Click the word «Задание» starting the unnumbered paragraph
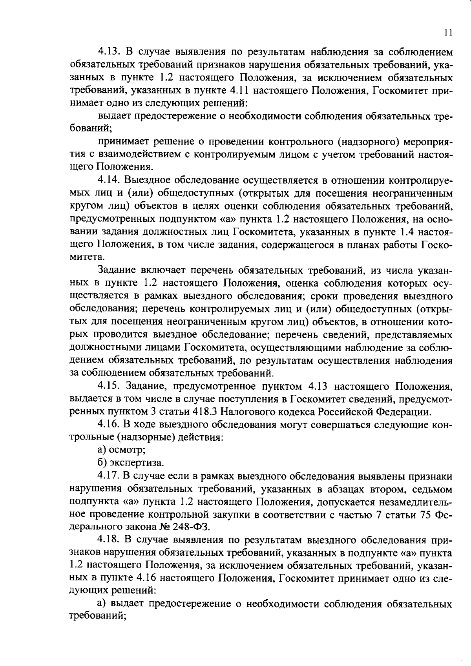pyautogui.click(x=117, y=270)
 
